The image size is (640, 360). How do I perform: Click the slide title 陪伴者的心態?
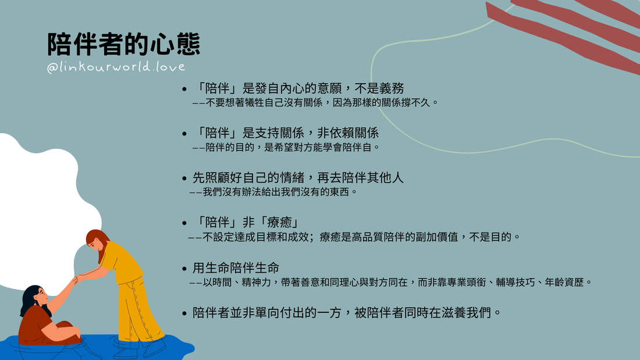[x=124, y=44]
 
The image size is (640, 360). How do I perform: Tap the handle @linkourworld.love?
[x=116, y=66]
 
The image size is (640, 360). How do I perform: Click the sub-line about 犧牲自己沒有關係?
[x=315, y=102]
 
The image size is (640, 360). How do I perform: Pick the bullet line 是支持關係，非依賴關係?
[x=285, y=133]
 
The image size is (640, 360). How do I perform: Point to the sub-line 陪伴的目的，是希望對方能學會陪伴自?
[x=286, y=147]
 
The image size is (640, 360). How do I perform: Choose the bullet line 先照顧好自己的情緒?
[x=298, y=177]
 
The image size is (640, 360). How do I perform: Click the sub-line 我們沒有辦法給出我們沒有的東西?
[x=273, y=192]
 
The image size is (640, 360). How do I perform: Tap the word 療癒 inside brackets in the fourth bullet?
[x=280, y=222]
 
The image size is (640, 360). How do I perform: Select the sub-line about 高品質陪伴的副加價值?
[x=354, y=237]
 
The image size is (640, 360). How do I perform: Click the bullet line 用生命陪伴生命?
[x=236, y=268]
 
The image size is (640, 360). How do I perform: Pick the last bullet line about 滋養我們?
[x=347, y=313]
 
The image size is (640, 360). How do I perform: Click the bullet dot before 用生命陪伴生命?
[x=184, y=269]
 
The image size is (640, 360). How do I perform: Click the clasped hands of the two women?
[x=77, y=280]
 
